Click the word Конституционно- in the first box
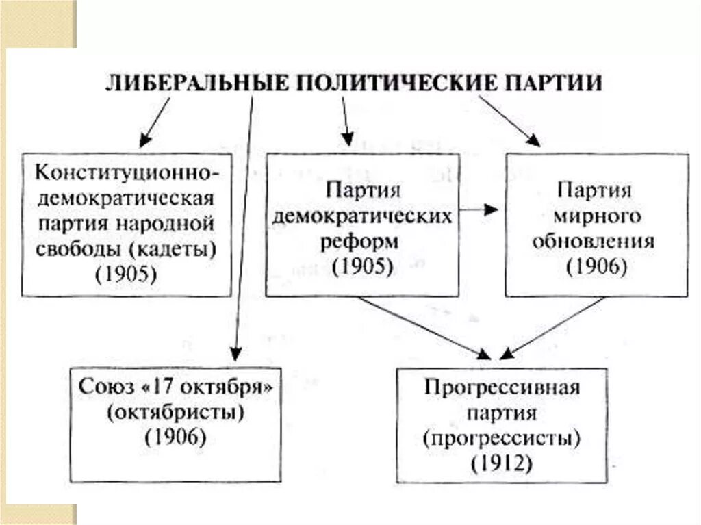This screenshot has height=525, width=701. coord(127,172)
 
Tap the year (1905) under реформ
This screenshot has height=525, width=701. coord(362,267)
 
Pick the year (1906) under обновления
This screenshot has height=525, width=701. coord(597,267)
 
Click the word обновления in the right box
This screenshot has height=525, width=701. coord(597,242)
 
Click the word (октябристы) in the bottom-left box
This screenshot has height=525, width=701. coord(175,413)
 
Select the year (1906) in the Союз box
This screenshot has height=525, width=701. coord(175,438)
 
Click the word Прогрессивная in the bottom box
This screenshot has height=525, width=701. coord(502,388)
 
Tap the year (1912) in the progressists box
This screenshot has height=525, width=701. coord(502,463)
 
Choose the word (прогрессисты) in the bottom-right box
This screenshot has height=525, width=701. coord(502,438)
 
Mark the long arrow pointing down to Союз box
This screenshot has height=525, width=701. coord(242,226)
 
